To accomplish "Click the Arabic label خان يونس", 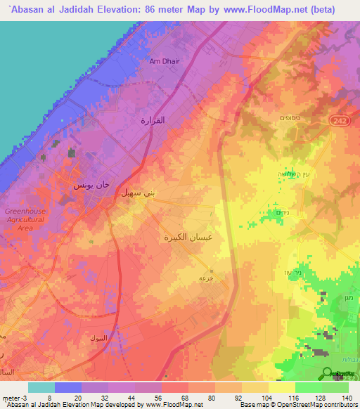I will click(x=91, y=187).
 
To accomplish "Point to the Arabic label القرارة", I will click(x=153, y=120).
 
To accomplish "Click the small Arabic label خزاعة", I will click(x=206, y=278).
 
